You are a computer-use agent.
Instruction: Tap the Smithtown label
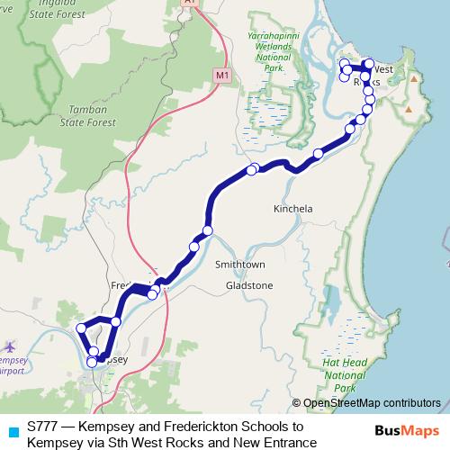pyautogui.click(x=238, y=265)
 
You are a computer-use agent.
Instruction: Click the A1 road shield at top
pyautogui.click(x=188, y=3)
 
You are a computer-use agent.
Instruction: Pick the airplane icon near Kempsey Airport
pyautogui.click(x=10, y=346)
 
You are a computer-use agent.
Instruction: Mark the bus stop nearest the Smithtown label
pyautogui.click(x=208, y=231)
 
